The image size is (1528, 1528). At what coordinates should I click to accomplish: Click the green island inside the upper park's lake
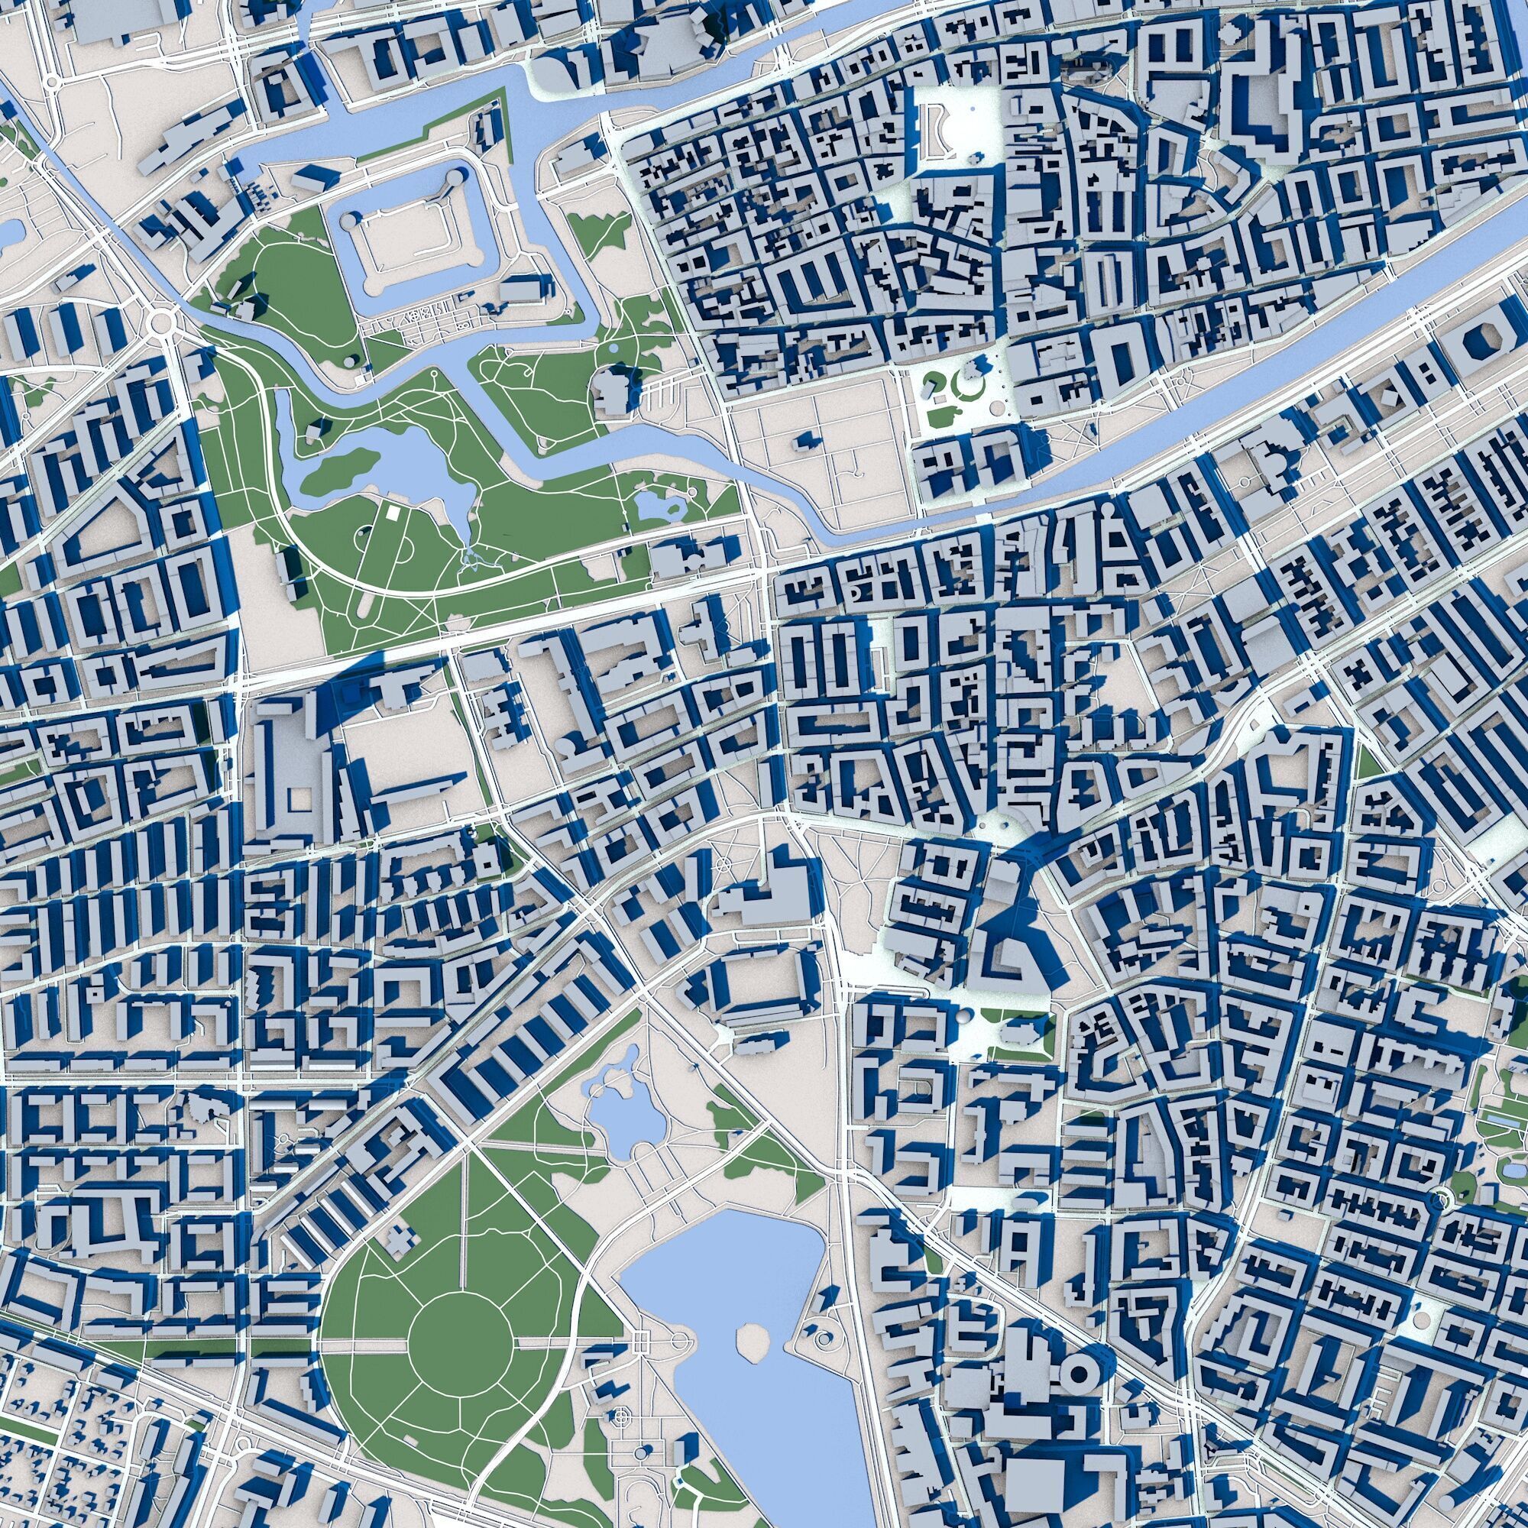332,473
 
